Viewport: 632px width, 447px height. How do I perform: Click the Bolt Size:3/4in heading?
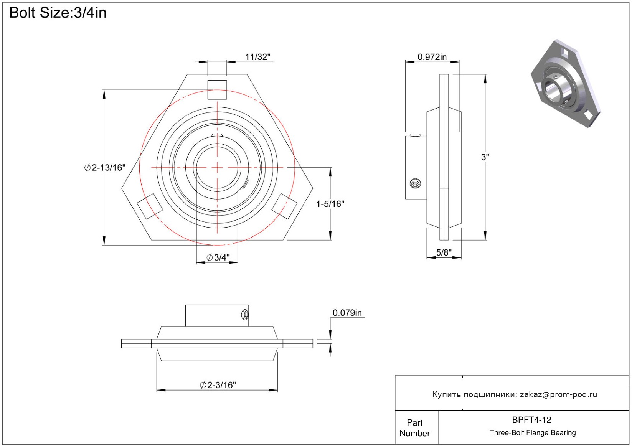[58, 13]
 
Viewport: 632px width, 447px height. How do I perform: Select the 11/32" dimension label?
[257, 57]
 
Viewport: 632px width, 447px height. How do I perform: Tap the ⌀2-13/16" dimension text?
[105, 168]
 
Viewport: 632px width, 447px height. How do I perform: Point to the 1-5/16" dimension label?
[330, 204]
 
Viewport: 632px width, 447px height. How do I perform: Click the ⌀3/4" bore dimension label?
[218, 257]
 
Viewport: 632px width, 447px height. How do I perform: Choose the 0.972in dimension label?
[432, 57]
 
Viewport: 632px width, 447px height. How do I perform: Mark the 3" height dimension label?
[485, 157]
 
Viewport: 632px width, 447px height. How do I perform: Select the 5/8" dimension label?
[444, 252]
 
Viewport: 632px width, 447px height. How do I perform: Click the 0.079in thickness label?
[347, 313]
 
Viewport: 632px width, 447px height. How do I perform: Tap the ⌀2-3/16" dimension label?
[218, 385]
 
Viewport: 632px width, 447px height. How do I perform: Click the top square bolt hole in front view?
[217, 90]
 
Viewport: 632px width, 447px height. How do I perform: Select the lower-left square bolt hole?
[150, 206]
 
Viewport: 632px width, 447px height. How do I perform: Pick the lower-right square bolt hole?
[284, 206]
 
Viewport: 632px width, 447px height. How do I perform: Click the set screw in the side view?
[415, 184]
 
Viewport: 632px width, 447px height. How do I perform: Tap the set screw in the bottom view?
[245, 315]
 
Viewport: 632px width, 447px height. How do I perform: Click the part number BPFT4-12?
[531, 420]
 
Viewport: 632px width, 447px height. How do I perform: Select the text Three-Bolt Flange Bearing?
[533, 433]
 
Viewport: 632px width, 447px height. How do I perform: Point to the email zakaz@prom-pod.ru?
[558, 394]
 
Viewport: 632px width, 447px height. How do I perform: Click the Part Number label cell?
[415, 428]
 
